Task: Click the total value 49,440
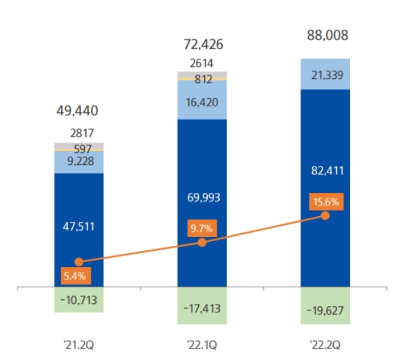pyautogui.click(x=78, y=110)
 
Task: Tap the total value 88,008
pyautogui.click(x=325, y=35)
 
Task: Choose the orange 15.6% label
pyautogui.click(x=326, y=201)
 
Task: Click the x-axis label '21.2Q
pyautogui.click(x=78, y=344)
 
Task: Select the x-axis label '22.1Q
pyautogui.click(x=202, y=344)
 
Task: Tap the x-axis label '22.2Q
pyautogui.click(x=325, y=344)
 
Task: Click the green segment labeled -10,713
pyautogui.click(x=78, y=300)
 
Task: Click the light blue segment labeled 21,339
pyautogui.click(x=325, y=73)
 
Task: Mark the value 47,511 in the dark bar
pyautogui.click(x=78, y=226)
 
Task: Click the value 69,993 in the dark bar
pyautogui.click(x=202, y=197)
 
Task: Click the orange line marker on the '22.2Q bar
pyautogui.click(x=325, y=216)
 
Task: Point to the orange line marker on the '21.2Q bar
pyautogui.click(x=78, y=261)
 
